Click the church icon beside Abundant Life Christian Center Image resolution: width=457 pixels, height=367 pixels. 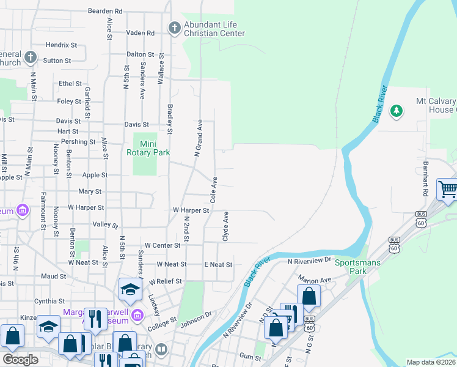(x=174, y=28)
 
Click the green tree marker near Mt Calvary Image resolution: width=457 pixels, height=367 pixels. (x=397, y=110)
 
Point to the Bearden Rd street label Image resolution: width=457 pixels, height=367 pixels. (x=105, y=11)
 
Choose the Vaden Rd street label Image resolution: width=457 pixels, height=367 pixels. (x=140, y=32)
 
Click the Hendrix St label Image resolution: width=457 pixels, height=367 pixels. (x=61, y=45)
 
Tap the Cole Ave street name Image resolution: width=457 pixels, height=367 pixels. (x=214, y=190)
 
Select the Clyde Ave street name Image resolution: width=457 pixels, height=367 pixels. (x=225, y=226)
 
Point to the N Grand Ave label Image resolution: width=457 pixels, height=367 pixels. (x=198, y=138)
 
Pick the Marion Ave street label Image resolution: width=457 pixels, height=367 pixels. (x=314, y=280)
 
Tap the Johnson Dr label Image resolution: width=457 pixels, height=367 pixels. (x=195, y=314)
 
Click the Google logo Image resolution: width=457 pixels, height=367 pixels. (x=20, y=360)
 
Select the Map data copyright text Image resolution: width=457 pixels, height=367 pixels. (x=431, y=362)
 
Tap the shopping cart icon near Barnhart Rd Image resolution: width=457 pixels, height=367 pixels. (x=447, y=188)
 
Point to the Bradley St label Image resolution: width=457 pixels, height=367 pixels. (x=170, y=119)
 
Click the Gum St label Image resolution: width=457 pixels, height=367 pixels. (x=250, y=355)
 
